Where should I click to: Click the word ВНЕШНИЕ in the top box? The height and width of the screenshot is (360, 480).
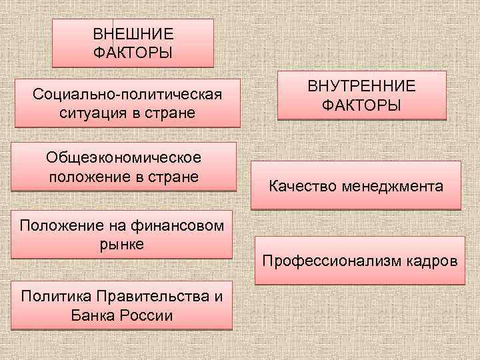(133, 33)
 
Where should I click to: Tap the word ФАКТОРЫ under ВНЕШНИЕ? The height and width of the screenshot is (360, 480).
(133, 51)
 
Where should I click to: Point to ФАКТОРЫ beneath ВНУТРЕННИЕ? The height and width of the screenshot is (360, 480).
(361, 105)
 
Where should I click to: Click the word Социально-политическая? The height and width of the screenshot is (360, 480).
(127, 93)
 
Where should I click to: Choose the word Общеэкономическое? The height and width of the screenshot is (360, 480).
(124, 159)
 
